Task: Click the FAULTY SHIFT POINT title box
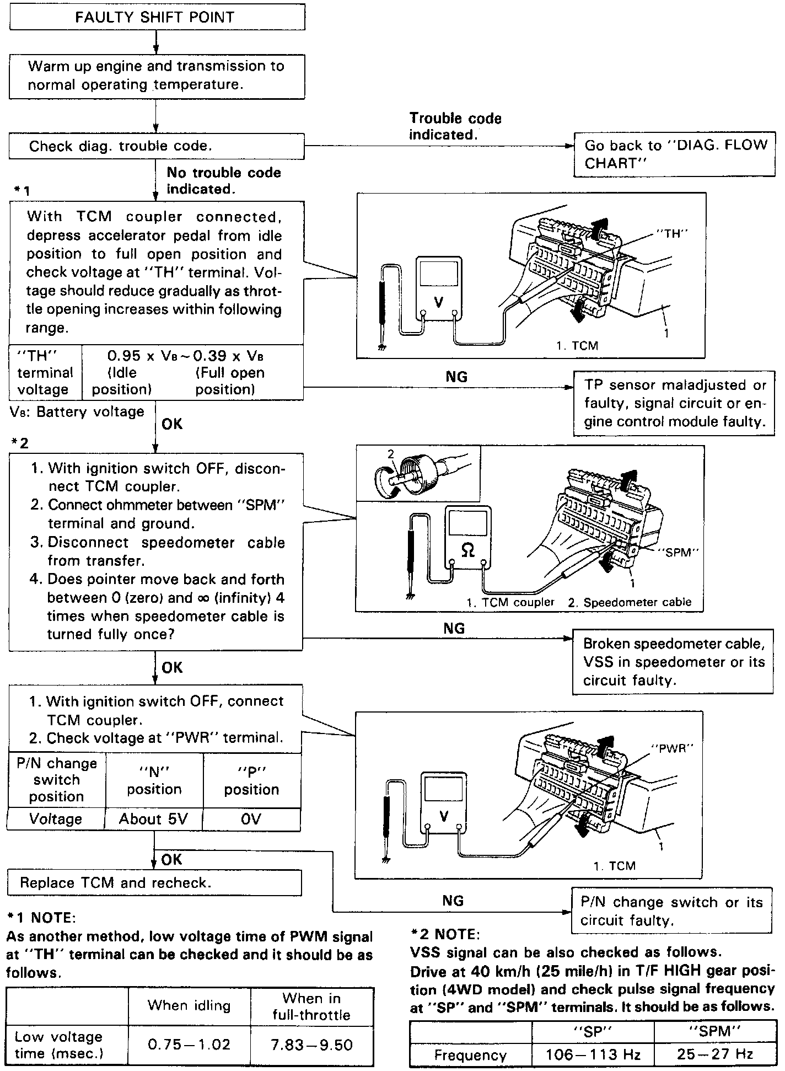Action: pyautogui.click(x=157, y=17)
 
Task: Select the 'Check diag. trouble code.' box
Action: pyautogui.click(x=157, y=146)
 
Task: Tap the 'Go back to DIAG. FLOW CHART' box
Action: pyautogui.click(x=674, y=154)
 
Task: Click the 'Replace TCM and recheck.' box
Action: pyautogui.click(x=154, y=882)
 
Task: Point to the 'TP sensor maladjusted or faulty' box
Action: pyautogui.click(x=674, y=403)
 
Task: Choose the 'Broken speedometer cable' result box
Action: pyautogui.click(x=673, y=662)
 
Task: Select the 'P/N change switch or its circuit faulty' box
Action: pyautogui.click(x=671, y=911)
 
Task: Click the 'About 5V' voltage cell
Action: pyautogui.click(x=153, y=819)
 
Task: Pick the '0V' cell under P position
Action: pyautogui.click(x=251, y=819)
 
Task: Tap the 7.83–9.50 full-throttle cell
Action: pyautogui.click(x=311, y=1045)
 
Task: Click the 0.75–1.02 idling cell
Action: pyautogui.click(x=189, y=1045)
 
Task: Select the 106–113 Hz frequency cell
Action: pyautogui.click(x=593, y=1054)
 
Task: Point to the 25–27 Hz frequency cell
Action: pyautogui.click(x=714, y=1054)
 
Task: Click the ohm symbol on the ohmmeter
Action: pyautogui.click(x=468, y=550)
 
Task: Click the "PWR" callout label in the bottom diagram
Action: pyautogui.click(x=671, y=748)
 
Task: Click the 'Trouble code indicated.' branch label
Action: pyautogui.click(x=455, y=126)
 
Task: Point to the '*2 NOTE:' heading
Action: pyautogui.click(x=445, y=934)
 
